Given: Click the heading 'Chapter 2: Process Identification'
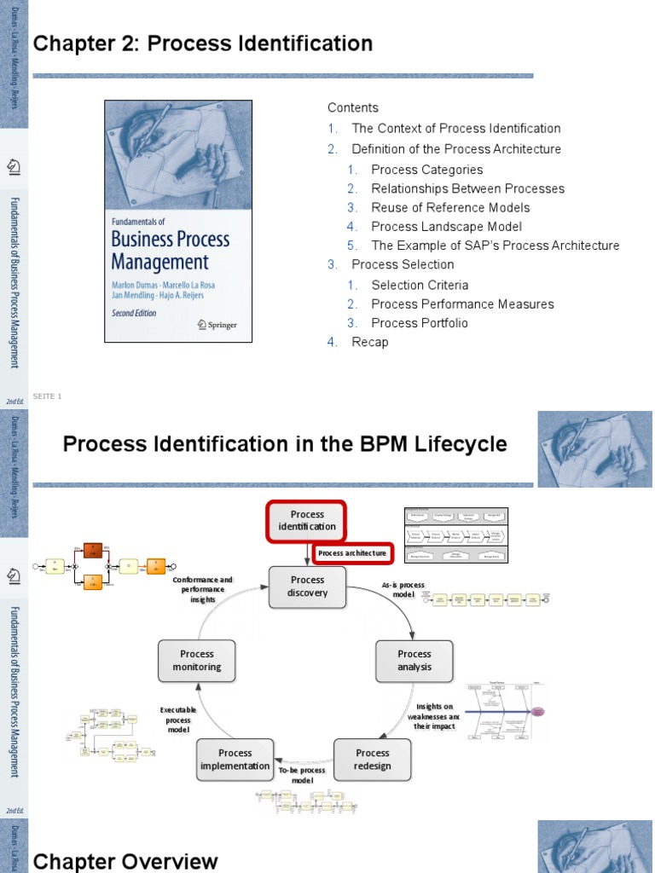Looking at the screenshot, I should (202, 43).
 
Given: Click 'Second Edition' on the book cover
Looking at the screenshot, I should (135, 313).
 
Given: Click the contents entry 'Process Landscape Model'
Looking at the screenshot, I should (446, 226).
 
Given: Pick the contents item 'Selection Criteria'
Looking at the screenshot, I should (420, 285).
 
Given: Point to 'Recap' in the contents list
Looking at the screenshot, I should (369, 342).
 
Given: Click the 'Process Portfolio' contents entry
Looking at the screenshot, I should (419, 322).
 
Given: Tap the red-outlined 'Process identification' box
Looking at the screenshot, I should (307, 520).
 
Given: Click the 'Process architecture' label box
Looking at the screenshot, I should (352, 553).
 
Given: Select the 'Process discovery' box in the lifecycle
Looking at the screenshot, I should (307, 587).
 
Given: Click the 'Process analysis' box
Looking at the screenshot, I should (414, 661).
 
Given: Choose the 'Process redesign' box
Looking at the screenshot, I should (373, 760).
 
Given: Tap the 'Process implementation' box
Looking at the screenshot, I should (235, 760).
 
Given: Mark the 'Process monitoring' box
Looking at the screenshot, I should (197, 661).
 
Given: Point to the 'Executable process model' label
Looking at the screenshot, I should (178, 719).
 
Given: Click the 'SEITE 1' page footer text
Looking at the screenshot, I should (47, 396).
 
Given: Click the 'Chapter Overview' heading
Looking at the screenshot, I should (125, 861).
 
